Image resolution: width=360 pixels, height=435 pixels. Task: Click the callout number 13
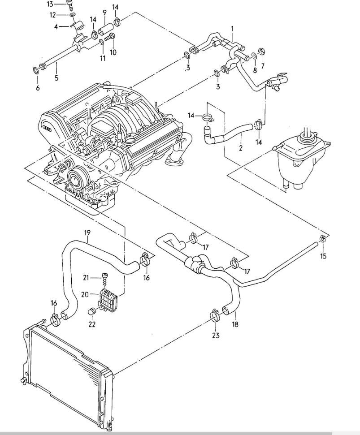point(50,4)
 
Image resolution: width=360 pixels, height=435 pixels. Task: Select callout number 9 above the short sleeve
point(104,13)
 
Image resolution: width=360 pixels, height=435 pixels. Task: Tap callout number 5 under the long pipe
point(56,78)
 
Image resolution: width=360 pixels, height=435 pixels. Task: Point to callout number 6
point(38,88)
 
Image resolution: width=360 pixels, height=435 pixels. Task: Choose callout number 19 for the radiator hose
point(87,232)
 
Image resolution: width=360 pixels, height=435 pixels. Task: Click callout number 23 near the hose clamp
point(216,336)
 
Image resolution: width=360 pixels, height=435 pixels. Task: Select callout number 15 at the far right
point(323,256)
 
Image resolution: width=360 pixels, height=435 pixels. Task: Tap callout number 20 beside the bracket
point(85,294)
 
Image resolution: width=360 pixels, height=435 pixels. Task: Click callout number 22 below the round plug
point(92,324)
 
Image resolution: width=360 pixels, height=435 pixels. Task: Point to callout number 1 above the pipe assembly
point(233,29)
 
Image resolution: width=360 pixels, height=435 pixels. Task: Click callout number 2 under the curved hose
point(240,147)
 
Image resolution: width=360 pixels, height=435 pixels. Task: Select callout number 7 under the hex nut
point(263,66)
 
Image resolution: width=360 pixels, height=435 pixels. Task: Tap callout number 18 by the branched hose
point(235,324)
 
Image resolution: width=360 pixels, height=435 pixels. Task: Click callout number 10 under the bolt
point(113,52)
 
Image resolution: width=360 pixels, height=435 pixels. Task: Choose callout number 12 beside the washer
point(53,15)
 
